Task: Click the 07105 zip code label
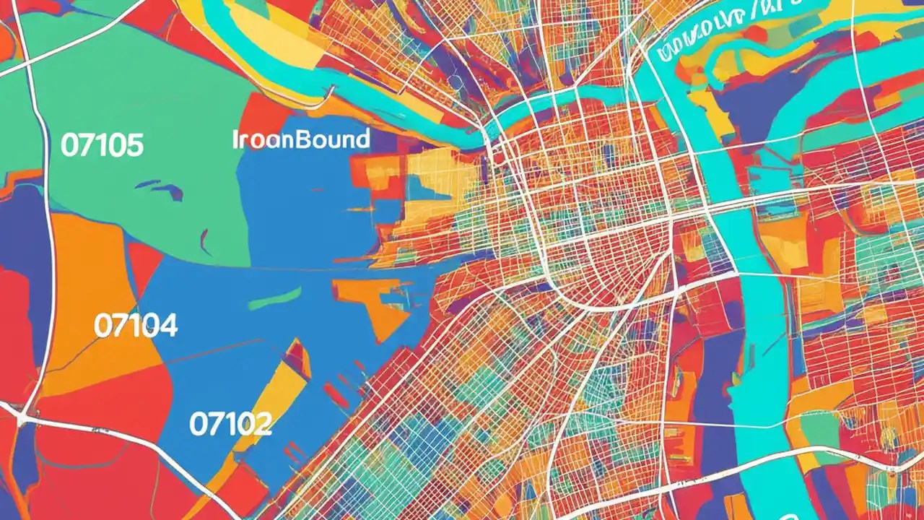102,146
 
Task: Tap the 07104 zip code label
136,326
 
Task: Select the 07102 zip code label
230,423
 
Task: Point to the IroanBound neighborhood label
301,139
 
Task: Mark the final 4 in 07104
167,326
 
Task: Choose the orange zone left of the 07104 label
72,303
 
